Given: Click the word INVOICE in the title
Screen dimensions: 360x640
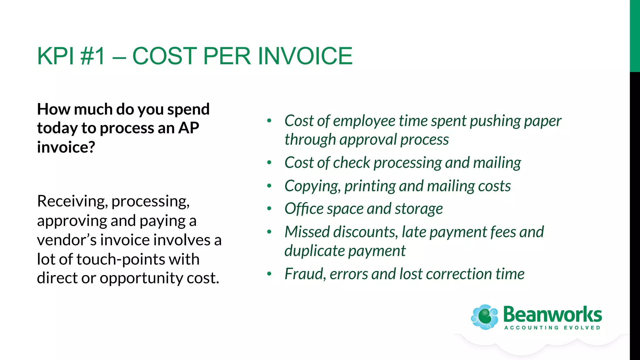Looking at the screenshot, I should (x=305, y=56).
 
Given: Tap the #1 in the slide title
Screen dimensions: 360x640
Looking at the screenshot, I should (x=92, y=56).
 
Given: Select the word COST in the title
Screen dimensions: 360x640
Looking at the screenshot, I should (x=164, y=56).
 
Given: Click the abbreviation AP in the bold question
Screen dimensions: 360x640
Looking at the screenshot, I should (x=188, y=128).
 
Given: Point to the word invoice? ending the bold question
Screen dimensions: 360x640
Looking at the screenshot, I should (x=66, y=147).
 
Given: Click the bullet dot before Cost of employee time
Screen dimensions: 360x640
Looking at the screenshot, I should (x=269, y=121).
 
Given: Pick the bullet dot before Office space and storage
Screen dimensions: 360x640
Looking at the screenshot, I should (x=269, y=208).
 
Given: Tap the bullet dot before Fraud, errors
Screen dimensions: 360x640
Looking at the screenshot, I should (x=269, y=274).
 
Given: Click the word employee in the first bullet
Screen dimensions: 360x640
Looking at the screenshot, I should (x=364, y=121).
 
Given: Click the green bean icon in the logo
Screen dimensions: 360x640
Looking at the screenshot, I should (x=485, y=317).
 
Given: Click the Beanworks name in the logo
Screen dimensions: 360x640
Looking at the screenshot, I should (x=552, y=314).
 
